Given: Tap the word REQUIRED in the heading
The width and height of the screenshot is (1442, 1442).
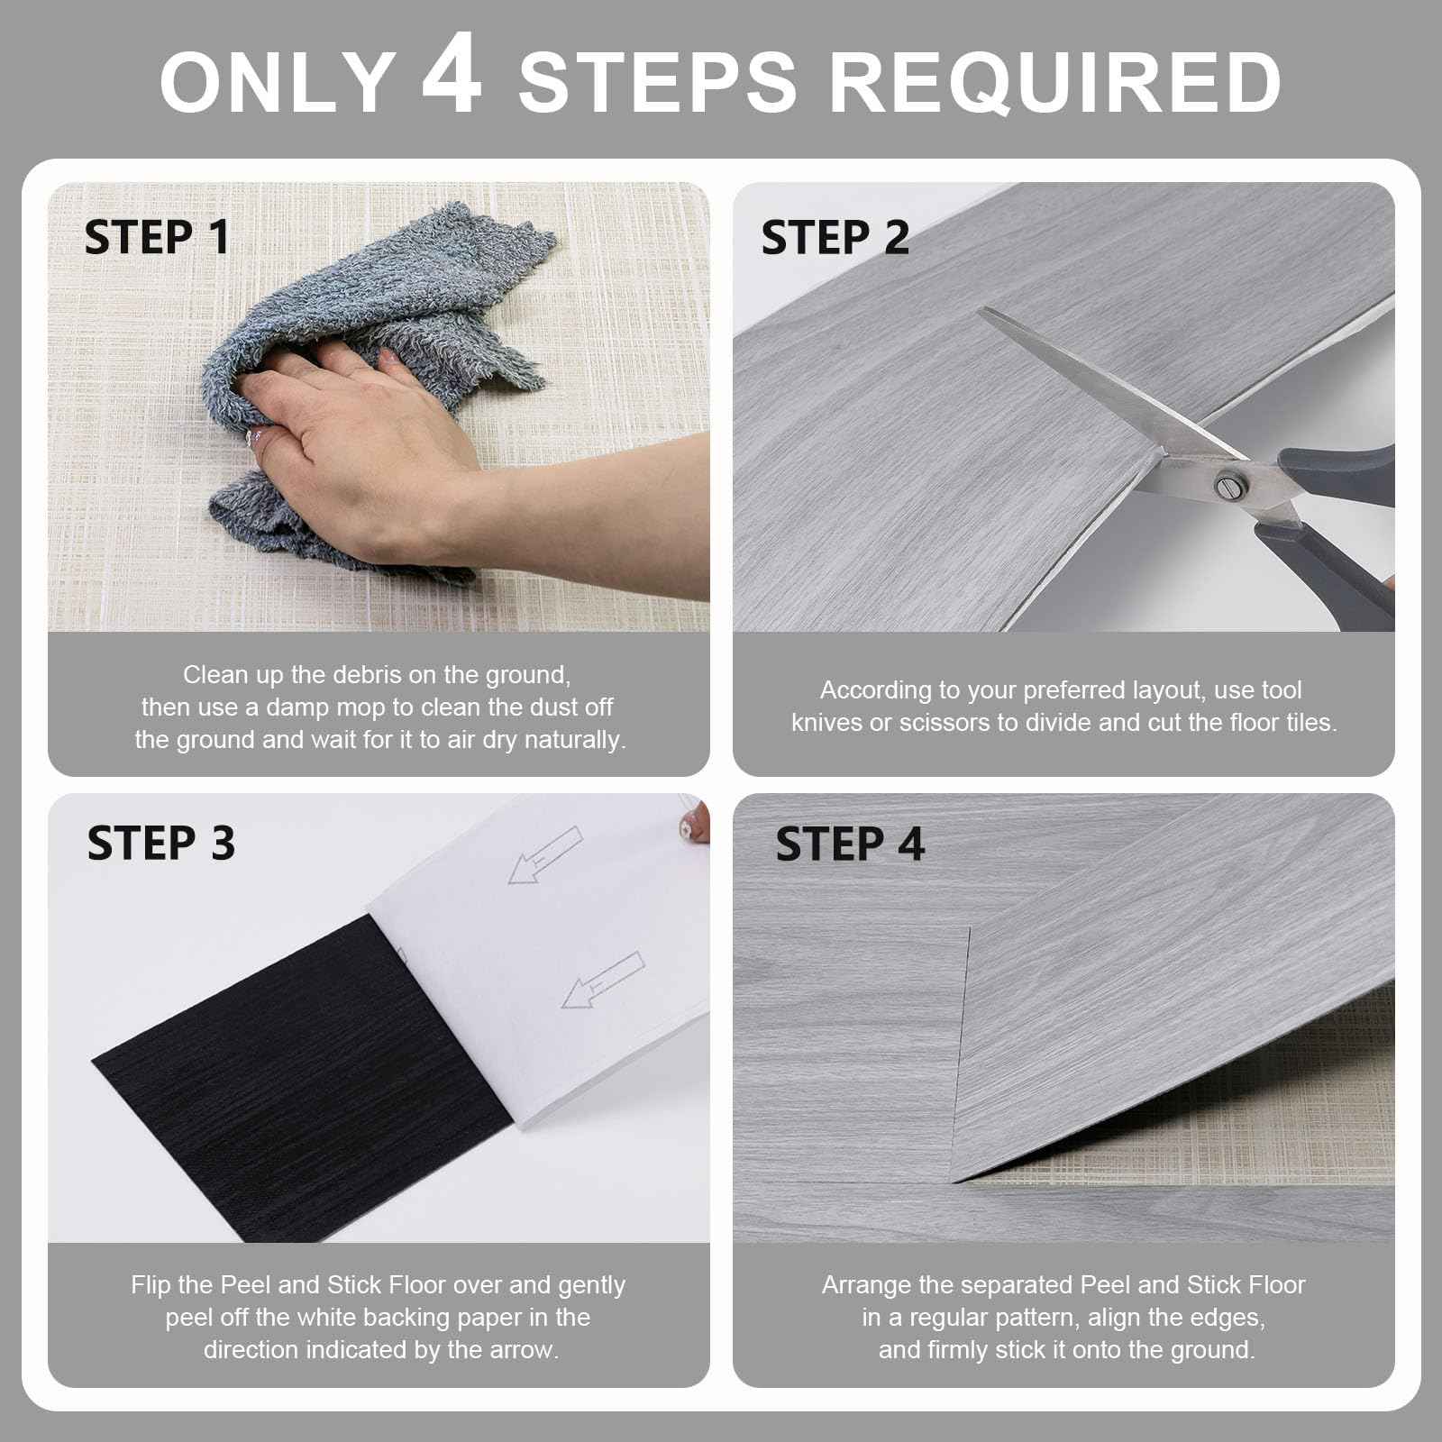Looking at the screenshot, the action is pyautogui.click(x=1054, y=83).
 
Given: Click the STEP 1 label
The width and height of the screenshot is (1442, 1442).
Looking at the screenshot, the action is pyautogui.click(x=157, y=238).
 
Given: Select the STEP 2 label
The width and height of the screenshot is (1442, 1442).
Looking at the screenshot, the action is pyautogui.click(x=835, y=238).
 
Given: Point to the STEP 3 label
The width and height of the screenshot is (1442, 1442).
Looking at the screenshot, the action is pyautogui.click(x=160, y=844).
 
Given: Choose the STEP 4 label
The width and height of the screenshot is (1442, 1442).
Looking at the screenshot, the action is pyautogui.click(x=849, y=844).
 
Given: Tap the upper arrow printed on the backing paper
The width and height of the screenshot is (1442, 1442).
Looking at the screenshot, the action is pyautogui.click(x=545, y=856).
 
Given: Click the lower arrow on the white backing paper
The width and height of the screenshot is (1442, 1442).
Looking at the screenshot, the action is pyautogui.click(x=602, y=981).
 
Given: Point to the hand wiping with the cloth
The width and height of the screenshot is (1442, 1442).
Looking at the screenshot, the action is pyautogui.click(x=360, y=424).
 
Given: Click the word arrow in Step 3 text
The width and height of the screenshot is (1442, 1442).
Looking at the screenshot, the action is pyautogui.click(x=522, y=1350).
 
